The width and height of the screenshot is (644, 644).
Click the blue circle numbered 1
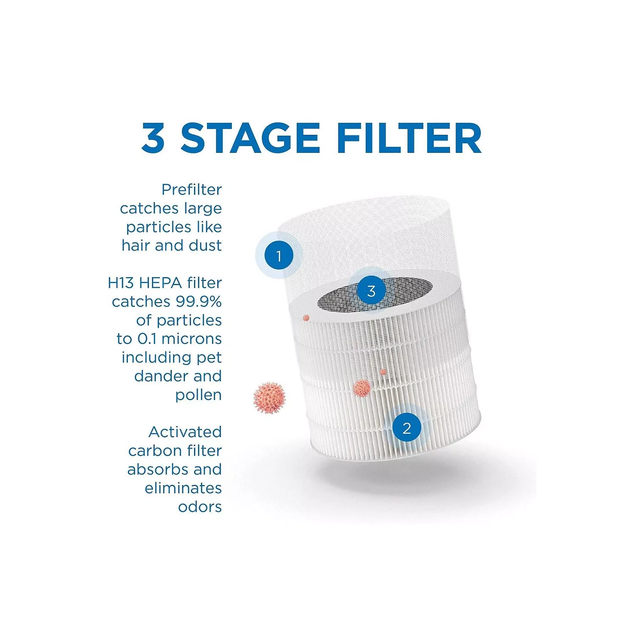[279, 255]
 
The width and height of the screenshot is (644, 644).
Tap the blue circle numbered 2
[407, 428]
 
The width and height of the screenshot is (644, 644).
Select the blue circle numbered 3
[371, 291]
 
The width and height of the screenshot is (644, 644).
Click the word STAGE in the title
[250, 138]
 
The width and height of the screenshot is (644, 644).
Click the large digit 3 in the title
[153, 138]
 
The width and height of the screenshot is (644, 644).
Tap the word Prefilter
[191, 189]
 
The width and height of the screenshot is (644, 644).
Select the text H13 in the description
[121, 283]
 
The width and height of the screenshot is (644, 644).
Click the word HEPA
[160, 283]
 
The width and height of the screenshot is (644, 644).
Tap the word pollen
[198, 395]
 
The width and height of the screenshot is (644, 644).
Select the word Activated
[185, 432]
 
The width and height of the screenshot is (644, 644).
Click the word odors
[200, 507]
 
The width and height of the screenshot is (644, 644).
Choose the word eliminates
[183, 488]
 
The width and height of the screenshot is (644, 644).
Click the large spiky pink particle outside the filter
[269, 398]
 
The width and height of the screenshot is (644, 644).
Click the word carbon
[150, 451]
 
